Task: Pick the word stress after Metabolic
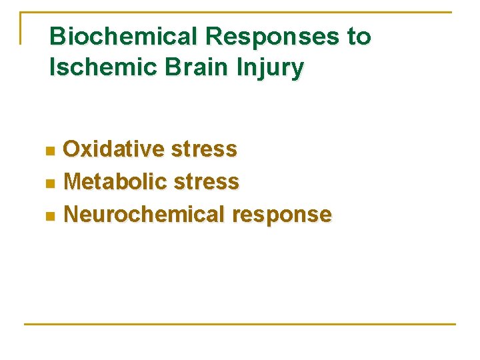[x=208, y=182]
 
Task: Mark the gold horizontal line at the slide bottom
[x=240, y=324]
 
